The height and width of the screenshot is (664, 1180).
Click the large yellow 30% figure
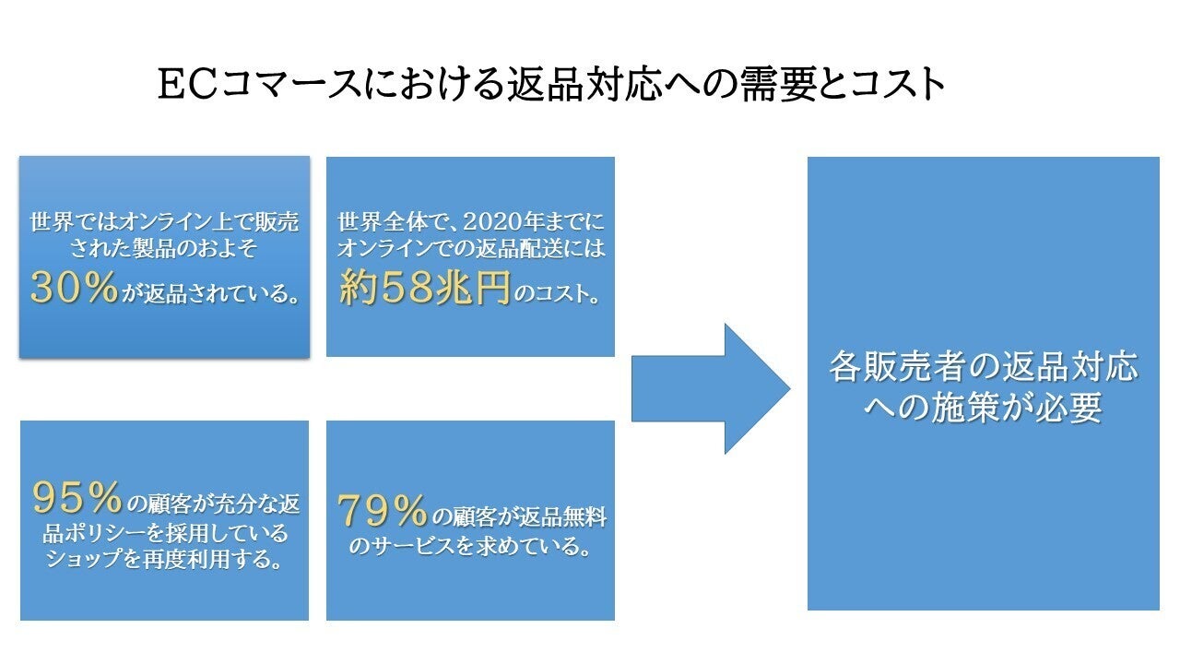coord(75,287)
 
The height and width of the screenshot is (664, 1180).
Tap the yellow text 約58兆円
coord(425,288)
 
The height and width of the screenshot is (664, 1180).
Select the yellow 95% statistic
coord(77,497)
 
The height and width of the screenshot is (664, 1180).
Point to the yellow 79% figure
coord(382,510)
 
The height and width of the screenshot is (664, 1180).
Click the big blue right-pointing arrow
coord(711,389)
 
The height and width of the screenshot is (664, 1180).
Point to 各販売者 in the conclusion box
coord(896,367)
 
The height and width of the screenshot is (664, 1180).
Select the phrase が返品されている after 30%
coord(211,293)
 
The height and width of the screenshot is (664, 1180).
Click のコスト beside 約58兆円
coord(557,293)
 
